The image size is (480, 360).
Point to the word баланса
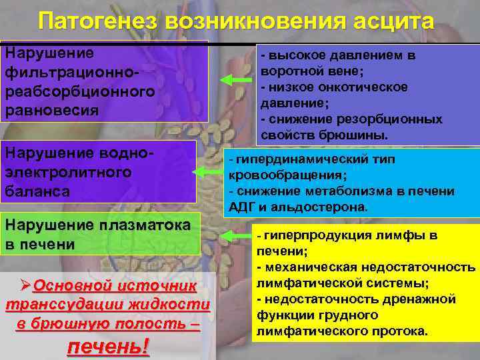pos(39,191)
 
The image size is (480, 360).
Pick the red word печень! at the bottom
pos(109,347)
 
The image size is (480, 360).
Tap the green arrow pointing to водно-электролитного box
pos(209,171)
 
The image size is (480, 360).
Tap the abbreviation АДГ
pos(239,206)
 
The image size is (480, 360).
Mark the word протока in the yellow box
pos(405,331)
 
